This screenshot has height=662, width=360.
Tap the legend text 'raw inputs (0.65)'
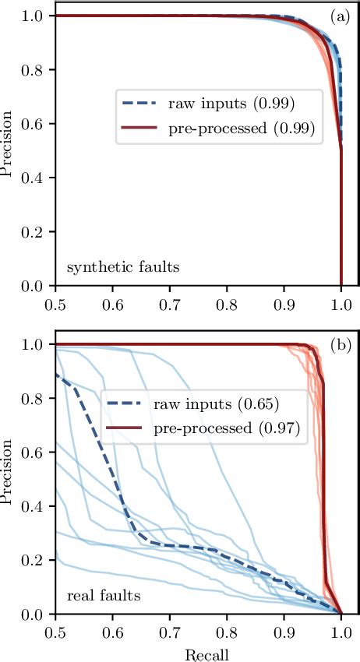205,405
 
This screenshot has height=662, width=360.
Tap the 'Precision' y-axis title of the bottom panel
9,479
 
